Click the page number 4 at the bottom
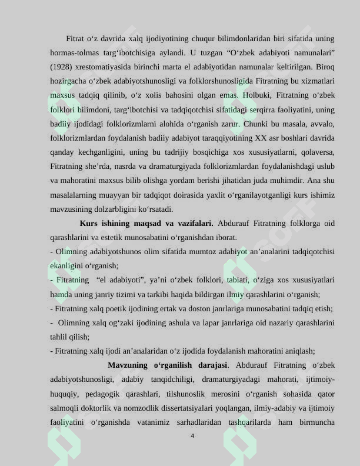tap(192, 436)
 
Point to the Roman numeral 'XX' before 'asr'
tap(260, 138)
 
